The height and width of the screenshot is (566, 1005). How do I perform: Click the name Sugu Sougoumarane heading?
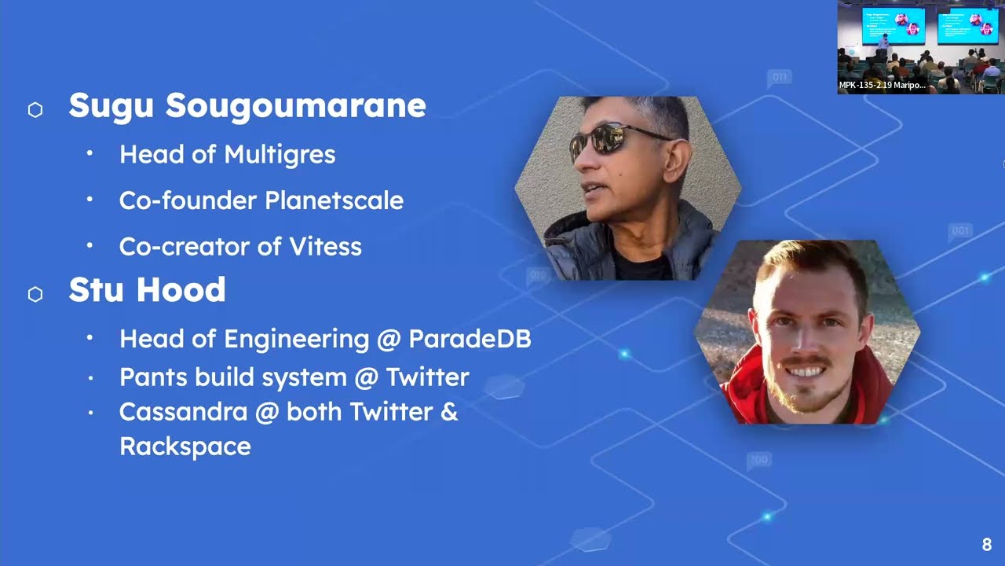(247, 106)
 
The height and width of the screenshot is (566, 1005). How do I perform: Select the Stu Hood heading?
(147, 290)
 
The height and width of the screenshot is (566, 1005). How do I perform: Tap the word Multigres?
(290, 155)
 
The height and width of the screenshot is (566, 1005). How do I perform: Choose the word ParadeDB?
(470, 339)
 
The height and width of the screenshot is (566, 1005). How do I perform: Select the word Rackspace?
(185, 447)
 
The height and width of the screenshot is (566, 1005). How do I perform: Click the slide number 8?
(986, 545)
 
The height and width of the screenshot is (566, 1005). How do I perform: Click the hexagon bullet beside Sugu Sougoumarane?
(35, 110)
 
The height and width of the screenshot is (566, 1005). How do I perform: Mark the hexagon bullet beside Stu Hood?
(35, 295)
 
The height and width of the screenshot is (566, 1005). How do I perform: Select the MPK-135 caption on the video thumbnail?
(882, 85)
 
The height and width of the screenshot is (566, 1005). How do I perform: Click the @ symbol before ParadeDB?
(389, 340)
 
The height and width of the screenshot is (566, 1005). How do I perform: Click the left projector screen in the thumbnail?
(894, 25)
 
